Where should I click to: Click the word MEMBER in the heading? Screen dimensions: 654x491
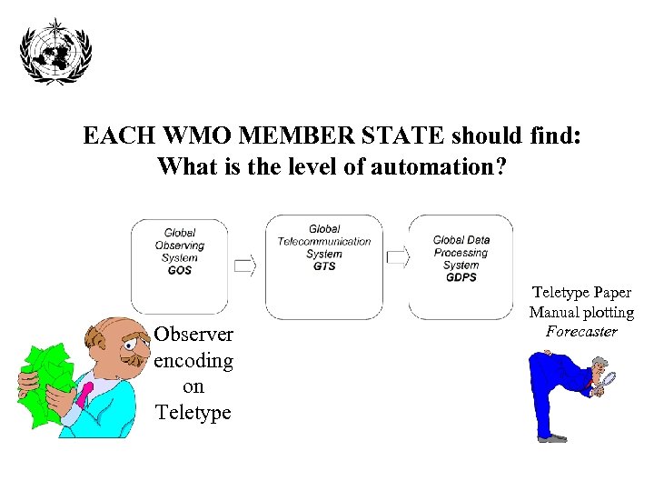[x=297, y=136]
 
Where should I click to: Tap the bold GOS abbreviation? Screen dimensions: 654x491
[x=180, y=271]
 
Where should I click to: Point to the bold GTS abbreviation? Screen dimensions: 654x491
[x=324, y=266]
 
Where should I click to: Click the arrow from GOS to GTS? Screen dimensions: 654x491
[x=245, y=266]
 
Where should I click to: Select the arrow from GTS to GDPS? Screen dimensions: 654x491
[x=397, y=258]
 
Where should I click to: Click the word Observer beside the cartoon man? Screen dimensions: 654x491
[x=193, y=335]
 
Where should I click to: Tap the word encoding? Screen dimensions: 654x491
[x=193, y=361]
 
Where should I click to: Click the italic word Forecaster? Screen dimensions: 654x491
[x=581, y=332]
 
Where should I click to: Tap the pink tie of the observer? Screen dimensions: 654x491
[x=84, y=394]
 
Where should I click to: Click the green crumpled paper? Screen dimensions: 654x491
[x=45, y=386]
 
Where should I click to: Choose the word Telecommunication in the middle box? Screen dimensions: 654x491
[x=324, y=242]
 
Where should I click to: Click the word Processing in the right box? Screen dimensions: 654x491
[x=461, y=253]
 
